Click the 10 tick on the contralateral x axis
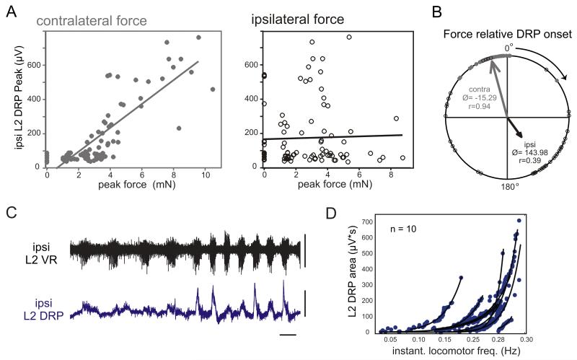(205, 175)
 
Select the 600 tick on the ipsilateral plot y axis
(253, 65)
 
